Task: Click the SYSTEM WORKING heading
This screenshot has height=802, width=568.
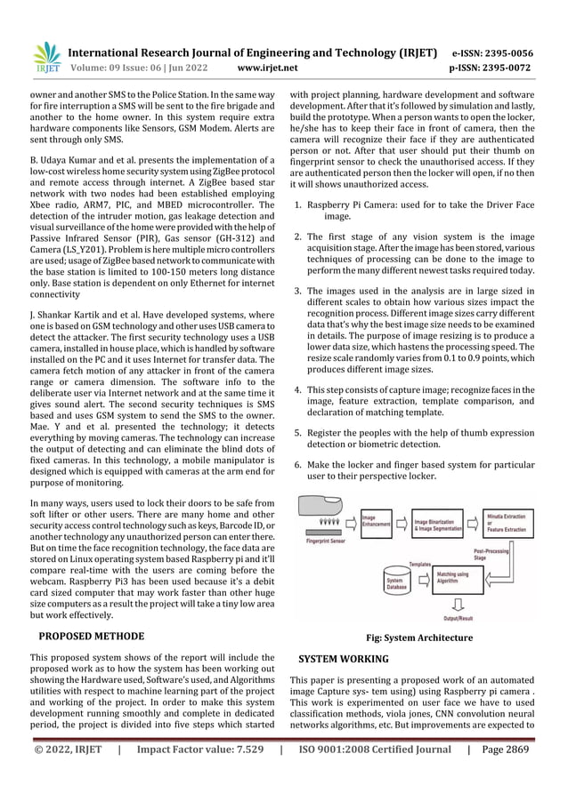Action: [x=343, y=659]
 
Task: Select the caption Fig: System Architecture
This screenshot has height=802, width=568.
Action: [x=418, y=638]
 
